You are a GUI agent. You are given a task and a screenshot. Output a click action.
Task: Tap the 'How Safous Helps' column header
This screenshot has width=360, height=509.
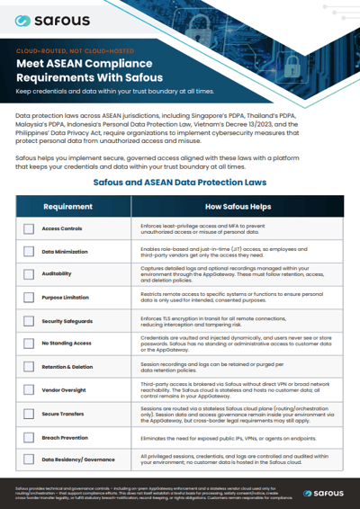pos(238,207)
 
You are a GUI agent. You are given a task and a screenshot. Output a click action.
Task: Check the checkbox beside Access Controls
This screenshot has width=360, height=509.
pos(29,229)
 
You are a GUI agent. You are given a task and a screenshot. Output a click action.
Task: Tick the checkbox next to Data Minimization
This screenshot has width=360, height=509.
pos(29,252)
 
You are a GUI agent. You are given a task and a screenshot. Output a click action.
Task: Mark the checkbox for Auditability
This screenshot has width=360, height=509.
pos(29,274)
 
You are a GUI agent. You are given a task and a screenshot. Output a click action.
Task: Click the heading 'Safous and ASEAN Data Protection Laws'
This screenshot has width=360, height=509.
pos(179,182)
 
